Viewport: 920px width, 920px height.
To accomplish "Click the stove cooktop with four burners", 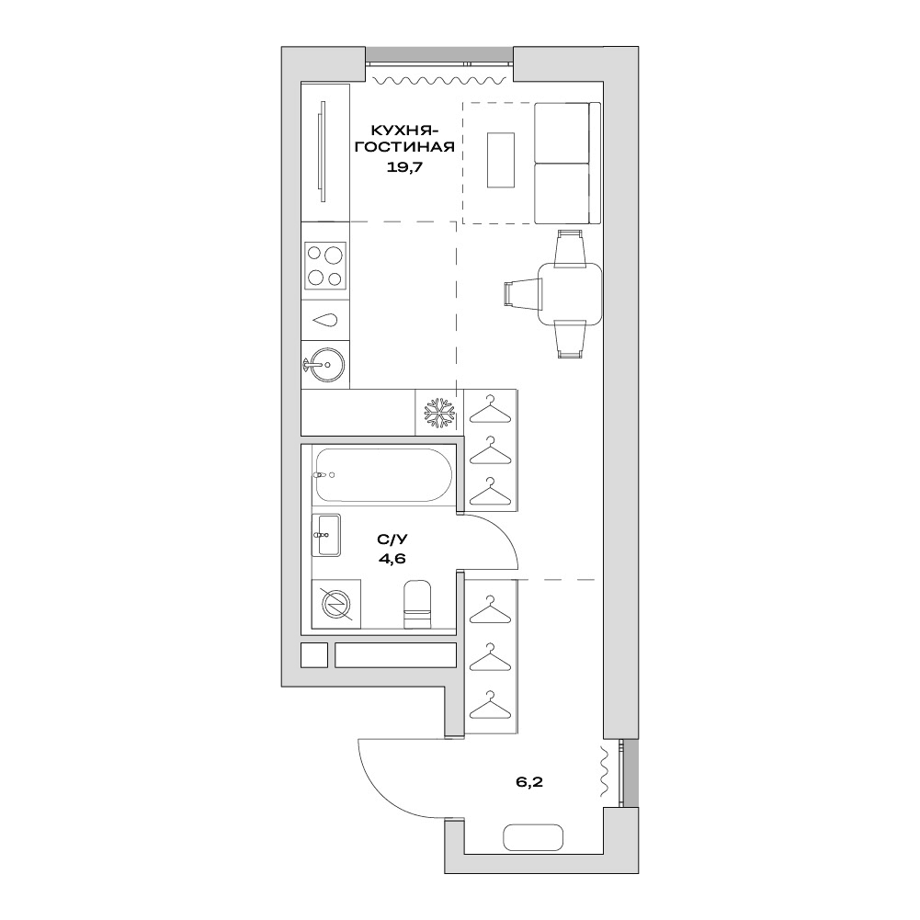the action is pyautogui.click(x=325, y=266).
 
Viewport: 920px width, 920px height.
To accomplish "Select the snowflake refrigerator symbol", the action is pyautogui.click(x=439, y=412).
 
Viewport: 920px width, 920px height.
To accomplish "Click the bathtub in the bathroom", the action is pyautogui.click(x=382, y=474).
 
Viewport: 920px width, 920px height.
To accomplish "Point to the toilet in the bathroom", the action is pyautogui.click(x=418, y=605).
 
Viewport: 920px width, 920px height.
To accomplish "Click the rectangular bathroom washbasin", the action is pyautogui.click(x=326, y=535).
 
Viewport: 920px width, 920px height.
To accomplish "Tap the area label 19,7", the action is pyautogui.click(x=404, y=166).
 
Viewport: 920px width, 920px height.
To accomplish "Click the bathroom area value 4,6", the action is pyautogui.click(x=392, y=558).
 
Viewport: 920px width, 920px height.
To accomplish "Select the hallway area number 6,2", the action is pyautogui.click(x=529, y=782).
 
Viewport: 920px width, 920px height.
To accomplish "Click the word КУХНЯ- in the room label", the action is pyautogui.click(x=404, y=129).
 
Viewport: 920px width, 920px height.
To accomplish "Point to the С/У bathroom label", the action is pyautogui.click(x=392, y=539).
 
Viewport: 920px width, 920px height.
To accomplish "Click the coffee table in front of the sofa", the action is pyautogui.click(x=501, y=160).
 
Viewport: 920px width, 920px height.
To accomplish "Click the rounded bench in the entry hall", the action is pyautogui.click(x=533, y=836).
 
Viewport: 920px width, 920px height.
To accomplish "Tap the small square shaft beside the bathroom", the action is pyautogui.click(x=314, y=654).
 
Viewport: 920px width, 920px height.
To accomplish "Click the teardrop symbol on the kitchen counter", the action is pyautogui.click(x=325, y=321).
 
